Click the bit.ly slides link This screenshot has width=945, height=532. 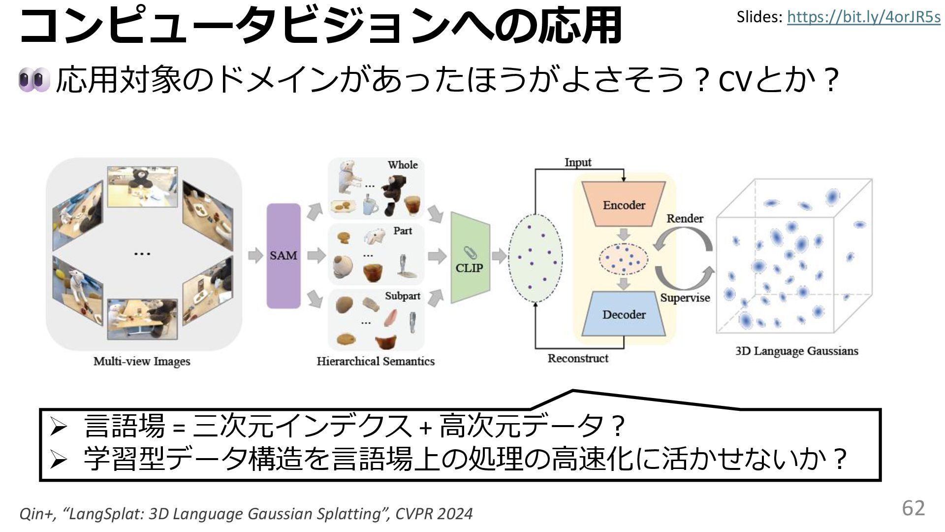point(863,17)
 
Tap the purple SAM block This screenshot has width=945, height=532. point(283,256)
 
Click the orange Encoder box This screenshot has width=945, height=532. point(624,205)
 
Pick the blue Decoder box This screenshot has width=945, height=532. point(624,314)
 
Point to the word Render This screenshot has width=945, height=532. point(685,218)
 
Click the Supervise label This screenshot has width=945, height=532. point(685,298)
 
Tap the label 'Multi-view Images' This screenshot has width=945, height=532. point(142,361)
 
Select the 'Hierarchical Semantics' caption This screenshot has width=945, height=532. point(376,361)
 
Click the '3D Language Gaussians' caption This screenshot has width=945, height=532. point(796,351)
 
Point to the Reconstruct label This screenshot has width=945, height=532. point(578,358)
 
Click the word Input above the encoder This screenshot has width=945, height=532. point(578,162)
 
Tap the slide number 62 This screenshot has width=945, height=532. point(913,508)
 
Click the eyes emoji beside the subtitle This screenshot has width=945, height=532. point(34,80)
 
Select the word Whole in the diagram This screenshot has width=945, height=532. point(402,165)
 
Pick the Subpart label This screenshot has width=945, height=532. point(402,296)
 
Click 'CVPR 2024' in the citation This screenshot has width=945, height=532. point(434,514)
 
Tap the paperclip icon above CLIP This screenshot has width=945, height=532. point(471,253)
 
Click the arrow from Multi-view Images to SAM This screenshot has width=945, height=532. point(255,256)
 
